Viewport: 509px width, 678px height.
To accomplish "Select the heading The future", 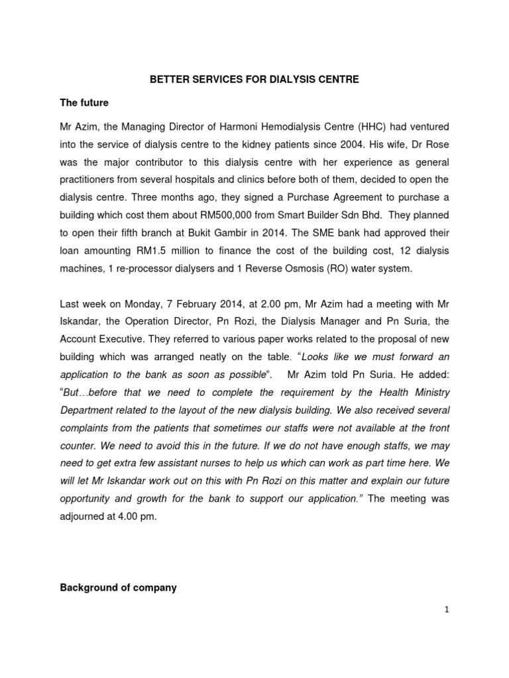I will [85, 103].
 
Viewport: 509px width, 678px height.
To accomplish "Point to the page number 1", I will [447, 610].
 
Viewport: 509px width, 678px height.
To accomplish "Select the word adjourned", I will [84, 517].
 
